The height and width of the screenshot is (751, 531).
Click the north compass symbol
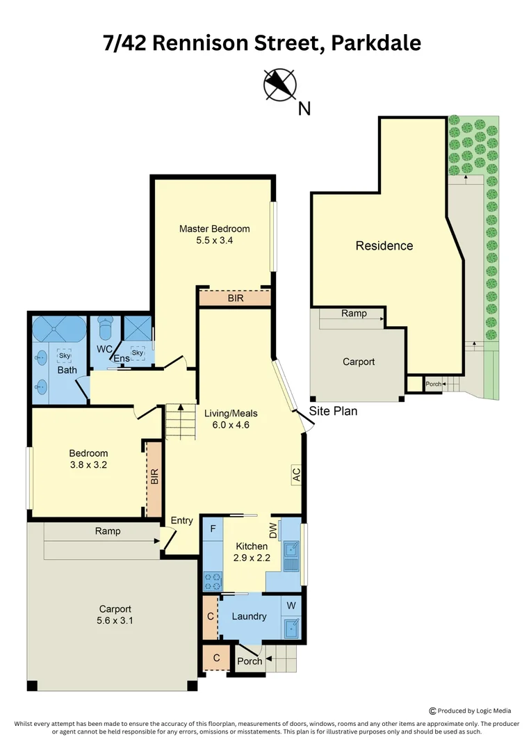[280, 85]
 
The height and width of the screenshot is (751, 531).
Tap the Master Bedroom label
[215, 229]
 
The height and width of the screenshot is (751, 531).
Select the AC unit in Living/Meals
[296, 475]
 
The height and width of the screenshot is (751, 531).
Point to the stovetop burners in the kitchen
[213, 581]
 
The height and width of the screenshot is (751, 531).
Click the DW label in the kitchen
[273, 530]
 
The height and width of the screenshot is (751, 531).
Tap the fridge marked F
[213, 528]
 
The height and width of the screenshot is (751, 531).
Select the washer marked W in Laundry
[291, 606]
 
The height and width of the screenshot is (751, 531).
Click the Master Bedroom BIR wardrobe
[235, 298]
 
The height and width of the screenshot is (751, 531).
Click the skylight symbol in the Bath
[65, 356]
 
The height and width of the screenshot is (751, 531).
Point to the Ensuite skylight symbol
[138, 353]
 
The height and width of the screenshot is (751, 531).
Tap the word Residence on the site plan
[384, 245]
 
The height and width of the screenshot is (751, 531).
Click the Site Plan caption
[333, 411]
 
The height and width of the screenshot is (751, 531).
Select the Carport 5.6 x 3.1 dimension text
[115, 621]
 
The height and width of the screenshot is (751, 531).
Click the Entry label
[182, 521]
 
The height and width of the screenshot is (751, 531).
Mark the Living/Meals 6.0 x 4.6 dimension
[231, 425]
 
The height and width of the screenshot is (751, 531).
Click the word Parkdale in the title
[376, 43]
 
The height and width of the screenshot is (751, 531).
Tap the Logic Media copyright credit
[471, 711]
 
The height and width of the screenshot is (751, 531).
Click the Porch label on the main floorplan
[250, 661]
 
